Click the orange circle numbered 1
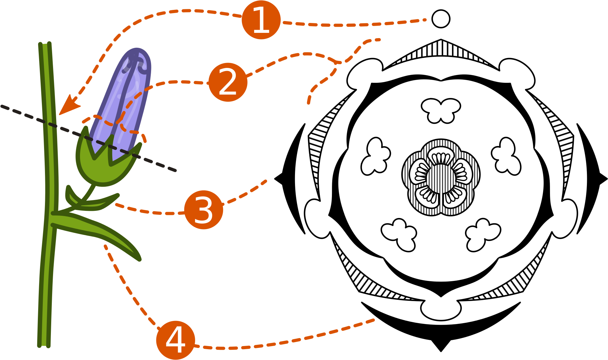(261, 20)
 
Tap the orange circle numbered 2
(228, 82)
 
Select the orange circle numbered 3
(203, 210)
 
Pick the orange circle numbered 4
(175, 340)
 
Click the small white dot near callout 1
(441, 19)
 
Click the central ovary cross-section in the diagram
(441, 177)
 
